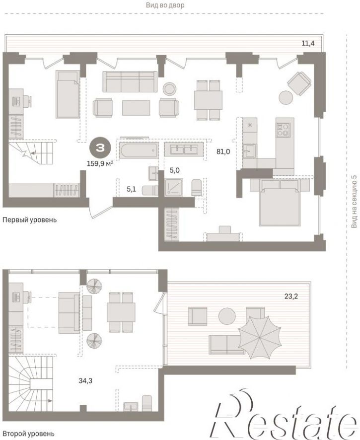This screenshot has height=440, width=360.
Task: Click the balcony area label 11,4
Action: click(x=308, y=44)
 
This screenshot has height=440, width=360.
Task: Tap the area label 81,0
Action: click(x=223, y=152)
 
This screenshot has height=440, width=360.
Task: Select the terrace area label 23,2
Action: click(x=291, y=296)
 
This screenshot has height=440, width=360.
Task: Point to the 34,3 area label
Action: click(x=85, y=381)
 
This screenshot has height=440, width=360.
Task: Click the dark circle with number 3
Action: click(x=100, y=148)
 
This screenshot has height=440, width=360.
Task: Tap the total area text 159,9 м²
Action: click(x=100, y=163)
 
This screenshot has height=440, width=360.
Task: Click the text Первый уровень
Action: click(x=29, y=220)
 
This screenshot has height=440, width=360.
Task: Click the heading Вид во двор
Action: click(x=165, y=5)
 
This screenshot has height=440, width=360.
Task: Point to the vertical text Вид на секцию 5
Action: click(x=354, y=201)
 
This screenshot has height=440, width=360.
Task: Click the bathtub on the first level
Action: click(x=139, y=150)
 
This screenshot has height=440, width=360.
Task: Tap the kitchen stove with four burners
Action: click(x=283, y=130)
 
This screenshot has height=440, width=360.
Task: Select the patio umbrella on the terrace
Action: click(x=260, y=337)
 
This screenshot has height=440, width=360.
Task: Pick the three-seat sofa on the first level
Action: click(x=130, y=81)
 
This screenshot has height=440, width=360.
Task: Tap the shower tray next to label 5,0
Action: click(x=174, y=187)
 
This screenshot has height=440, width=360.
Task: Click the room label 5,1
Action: click(x=131, y=189)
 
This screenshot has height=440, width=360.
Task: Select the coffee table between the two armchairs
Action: click(x=136, y=108)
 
